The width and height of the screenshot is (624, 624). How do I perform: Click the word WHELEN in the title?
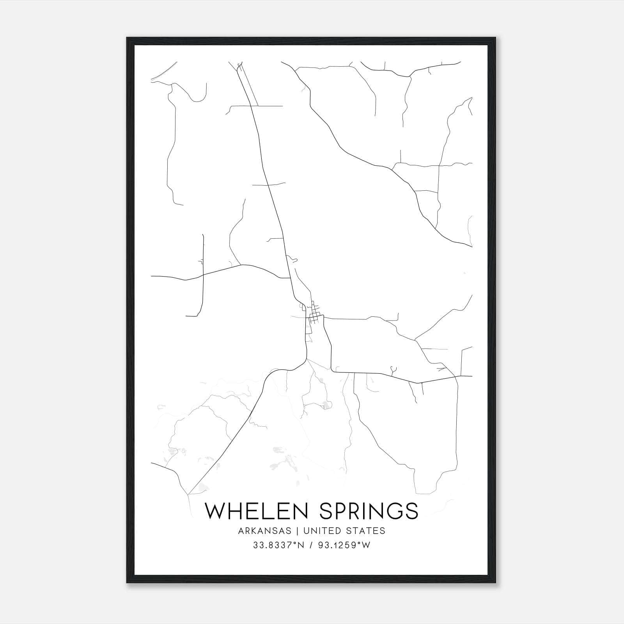[259, 511]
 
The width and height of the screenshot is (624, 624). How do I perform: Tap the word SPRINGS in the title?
[369, 511]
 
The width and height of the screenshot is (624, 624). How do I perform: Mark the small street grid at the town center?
[314, 319]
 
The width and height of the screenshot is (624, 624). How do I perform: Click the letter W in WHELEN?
[216, 511]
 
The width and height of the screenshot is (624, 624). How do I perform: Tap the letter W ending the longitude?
[367, 546]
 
